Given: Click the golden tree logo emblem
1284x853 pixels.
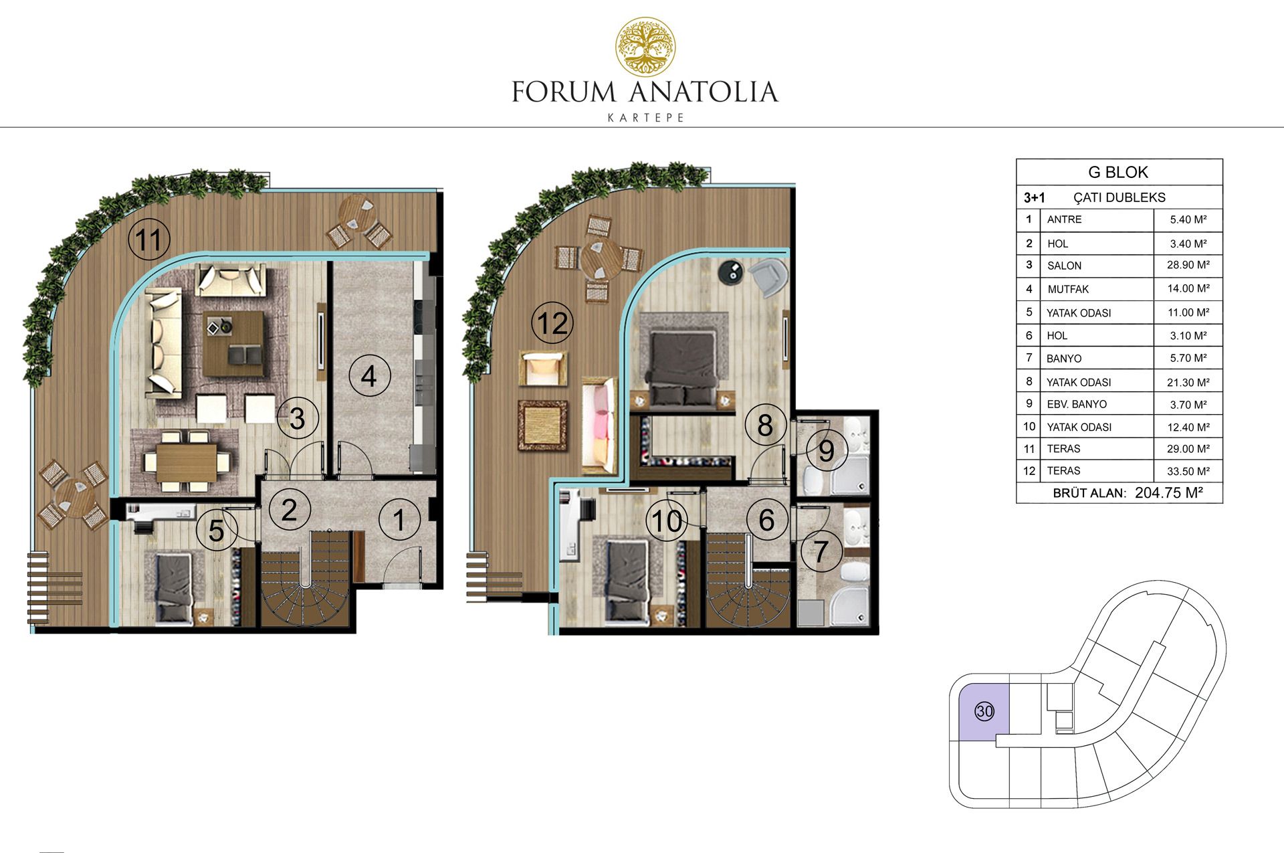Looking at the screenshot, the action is (x=645, y=47).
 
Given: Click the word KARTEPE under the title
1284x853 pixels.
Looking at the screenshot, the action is (x=645, y=118).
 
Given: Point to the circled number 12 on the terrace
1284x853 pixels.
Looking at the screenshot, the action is (x=552, y=323).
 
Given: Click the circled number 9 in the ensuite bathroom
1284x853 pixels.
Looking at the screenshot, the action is (x=827, y=451).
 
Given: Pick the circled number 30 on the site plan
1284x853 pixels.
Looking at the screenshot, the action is (x=984, y=711).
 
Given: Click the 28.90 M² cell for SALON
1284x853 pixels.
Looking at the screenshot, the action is (x=1188, y=265).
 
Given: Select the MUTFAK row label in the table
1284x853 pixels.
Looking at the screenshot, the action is (x=1068, y=289).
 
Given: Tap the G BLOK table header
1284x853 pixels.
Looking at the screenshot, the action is (x=1118, y=172).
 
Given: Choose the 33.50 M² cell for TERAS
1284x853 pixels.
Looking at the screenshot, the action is (x=1188, y=471).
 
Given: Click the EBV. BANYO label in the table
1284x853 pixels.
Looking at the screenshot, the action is (x=1077, y=404).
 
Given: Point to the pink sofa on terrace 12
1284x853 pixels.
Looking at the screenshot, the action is (x=599, y=425).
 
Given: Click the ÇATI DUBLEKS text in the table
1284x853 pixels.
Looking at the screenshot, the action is (x=1119, y=197).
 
